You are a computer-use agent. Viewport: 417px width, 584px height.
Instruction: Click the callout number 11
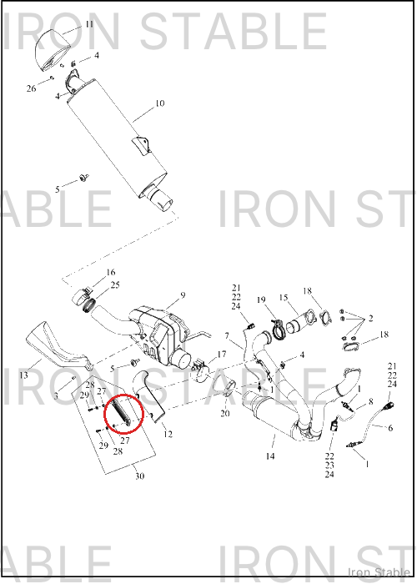pos(89,24)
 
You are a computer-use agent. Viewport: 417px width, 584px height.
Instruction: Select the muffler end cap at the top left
pos(53,49)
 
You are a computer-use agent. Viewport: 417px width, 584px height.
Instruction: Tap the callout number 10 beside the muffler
pos(159,103)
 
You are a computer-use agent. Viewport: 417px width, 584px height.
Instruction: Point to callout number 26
pos(32,88)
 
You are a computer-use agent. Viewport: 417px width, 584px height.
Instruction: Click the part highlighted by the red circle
pos(120,412)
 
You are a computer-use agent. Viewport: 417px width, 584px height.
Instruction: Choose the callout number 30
pos(139,476)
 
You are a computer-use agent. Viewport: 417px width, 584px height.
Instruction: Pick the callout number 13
pos(23,375)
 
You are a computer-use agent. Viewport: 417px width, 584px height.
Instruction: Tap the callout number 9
pos(183,295)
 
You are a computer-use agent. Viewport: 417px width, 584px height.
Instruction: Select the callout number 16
pos(111,272)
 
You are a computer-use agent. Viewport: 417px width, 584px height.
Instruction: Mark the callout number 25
pos(115,285)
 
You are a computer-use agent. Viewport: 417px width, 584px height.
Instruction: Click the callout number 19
pos(260,300)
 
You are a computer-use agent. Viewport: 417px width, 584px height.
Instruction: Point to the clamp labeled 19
pos(278,330)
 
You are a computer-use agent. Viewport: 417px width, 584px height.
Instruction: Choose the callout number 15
pos(284,298)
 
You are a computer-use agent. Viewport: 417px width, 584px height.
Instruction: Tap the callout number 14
pos(270,456)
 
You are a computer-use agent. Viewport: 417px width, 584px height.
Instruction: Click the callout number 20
pos(225,413)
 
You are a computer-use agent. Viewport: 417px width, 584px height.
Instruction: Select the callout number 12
pos(168,434)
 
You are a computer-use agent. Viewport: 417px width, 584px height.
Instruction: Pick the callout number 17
pos(222,354)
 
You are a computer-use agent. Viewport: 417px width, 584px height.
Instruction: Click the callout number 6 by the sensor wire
pos(390,428)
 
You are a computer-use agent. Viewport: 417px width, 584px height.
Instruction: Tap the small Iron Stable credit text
pos(379,571)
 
